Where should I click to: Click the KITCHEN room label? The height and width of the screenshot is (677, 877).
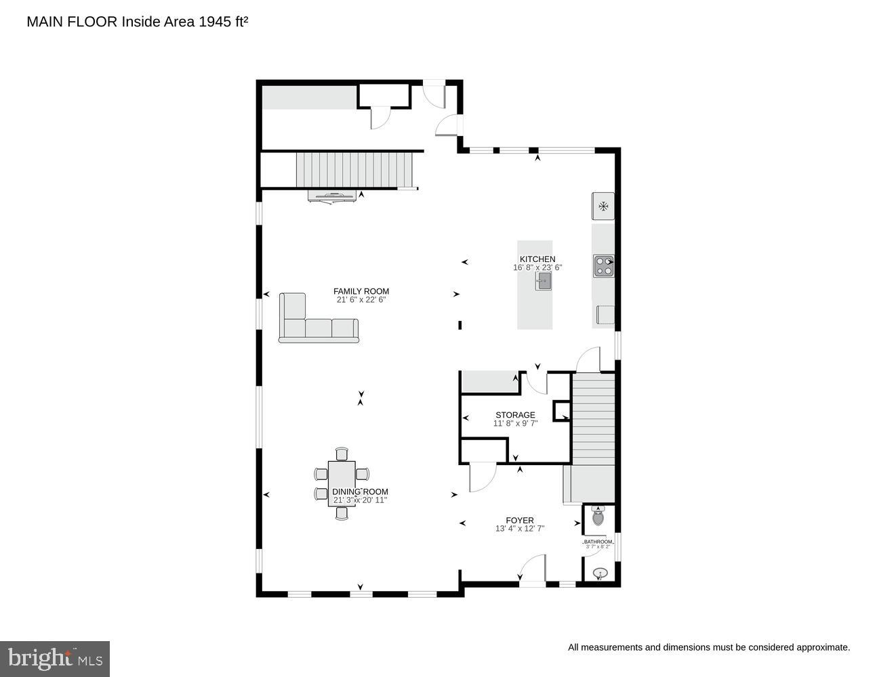tap(537, 259)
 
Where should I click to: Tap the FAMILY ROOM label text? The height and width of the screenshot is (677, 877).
tap(361, 292)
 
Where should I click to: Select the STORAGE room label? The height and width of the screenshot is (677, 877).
tap(515, 415)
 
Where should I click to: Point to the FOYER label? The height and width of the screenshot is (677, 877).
tap(520, 521)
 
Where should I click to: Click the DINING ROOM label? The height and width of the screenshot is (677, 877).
tap(360, 492)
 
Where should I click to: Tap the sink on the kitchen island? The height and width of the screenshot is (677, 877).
tap(544, 282)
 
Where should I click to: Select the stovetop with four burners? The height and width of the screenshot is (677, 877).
tap(603, 266)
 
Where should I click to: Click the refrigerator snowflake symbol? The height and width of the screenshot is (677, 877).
tap(603, 206)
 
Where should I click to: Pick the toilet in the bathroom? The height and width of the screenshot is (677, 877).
tap(598, 517)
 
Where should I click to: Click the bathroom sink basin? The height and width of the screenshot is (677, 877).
tap(600, 574)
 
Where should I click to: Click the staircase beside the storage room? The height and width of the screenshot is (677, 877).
tap(594, 418)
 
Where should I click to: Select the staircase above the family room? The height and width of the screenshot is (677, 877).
tap(354, 169)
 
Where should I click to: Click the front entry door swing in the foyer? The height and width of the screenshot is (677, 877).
tap(534, 569)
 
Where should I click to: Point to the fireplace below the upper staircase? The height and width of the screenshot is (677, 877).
tap(332, 197)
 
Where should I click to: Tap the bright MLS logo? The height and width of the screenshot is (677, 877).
tap(56, 659)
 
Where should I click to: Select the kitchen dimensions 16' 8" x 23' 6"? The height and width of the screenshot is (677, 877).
tap(537, 268)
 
